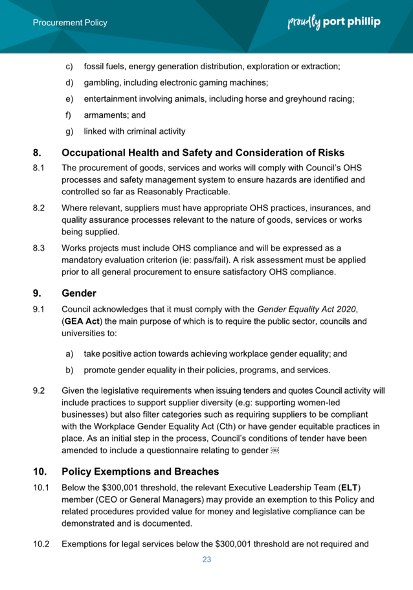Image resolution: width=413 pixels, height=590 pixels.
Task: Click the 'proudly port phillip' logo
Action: pyautogui.click(x=333, y=22)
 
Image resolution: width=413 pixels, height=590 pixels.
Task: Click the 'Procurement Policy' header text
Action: pyautogui.click(x=70, y=23)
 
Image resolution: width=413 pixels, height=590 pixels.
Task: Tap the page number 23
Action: pyautogui.click(x=206, y=560)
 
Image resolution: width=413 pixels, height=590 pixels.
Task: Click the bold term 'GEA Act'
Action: pyautogui.click(x=81, y=321)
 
